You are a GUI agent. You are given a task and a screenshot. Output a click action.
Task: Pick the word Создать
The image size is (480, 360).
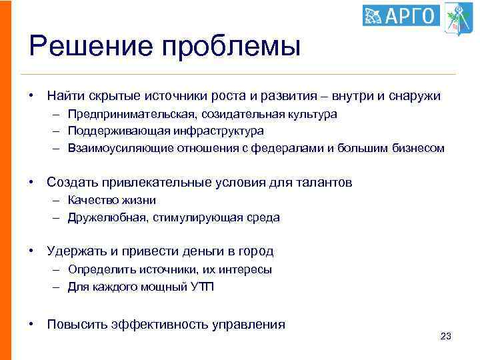(x=69, y=182)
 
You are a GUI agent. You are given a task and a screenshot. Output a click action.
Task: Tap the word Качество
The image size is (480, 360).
(x=90, y=200)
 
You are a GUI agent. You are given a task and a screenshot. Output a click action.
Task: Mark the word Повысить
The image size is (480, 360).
(x=75, y=325)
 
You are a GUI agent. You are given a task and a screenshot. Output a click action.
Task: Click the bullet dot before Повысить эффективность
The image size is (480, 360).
(x=32, y=325)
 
